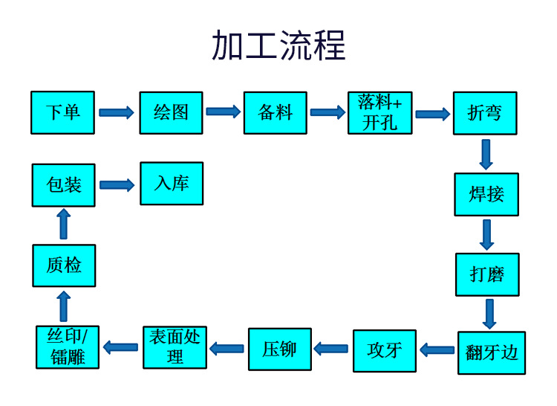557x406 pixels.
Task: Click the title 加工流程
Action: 278,45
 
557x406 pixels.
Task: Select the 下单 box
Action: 63,113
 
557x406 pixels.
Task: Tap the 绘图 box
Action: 171,113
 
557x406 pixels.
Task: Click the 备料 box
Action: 276,113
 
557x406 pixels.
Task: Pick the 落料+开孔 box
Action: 380,113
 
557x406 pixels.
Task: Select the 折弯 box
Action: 485,113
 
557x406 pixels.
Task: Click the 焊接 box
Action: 486,195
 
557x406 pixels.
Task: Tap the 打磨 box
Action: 487,274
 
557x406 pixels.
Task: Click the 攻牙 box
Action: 385,350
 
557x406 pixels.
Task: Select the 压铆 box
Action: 280,349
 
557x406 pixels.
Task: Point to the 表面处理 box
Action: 175,347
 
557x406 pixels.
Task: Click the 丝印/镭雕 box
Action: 68,347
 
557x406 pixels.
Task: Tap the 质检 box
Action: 64,265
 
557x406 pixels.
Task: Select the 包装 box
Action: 64,185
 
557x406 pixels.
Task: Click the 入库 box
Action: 172,184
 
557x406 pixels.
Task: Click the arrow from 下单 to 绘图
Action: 117,113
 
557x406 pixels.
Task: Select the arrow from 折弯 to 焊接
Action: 486,154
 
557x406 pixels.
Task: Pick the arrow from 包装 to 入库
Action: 117,185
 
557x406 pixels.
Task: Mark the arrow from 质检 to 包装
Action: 64,225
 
